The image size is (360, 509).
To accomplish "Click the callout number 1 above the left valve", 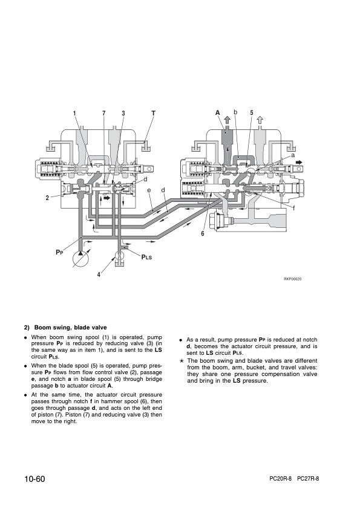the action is pos(74,113).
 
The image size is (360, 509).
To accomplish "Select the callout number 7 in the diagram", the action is pos(104,113).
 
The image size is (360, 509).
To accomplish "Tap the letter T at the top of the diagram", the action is pos(153,113).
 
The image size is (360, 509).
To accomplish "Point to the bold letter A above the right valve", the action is pos(218,113).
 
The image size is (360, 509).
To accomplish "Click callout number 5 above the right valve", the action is pos(252,113).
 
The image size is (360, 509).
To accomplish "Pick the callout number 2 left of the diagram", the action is pos(47,198).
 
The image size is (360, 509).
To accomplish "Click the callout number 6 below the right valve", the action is pos(203,233).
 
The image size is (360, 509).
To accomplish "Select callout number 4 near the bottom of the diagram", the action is pos(99,274).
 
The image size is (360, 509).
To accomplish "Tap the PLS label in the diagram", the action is pos(146,257).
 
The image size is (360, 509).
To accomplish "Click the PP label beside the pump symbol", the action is pos(59,252).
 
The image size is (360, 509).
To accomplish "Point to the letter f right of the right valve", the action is pos(294,208).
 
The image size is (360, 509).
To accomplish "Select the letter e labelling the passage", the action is pos(149,190).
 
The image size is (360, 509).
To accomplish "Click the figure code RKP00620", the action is pos(292,279).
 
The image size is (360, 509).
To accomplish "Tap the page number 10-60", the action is pos(34,479).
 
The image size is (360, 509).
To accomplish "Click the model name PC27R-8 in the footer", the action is pos(308,479).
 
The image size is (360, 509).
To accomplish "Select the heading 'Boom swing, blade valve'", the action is pos(71,328).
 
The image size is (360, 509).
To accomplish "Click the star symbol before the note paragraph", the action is pos(182,361).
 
